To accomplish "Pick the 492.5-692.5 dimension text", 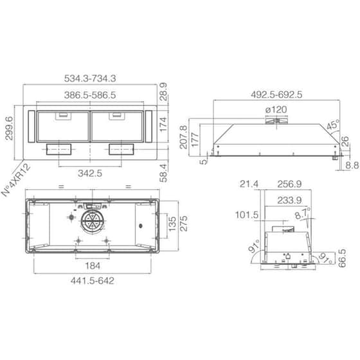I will [x=276, y=94].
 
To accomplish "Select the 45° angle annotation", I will [x=332, y=127].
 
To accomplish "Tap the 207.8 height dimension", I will [x=184, y=137].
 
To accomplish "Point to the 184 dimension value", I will [x=92, y=265].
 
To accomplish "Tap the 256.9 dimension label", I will [x=287, y=184].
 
